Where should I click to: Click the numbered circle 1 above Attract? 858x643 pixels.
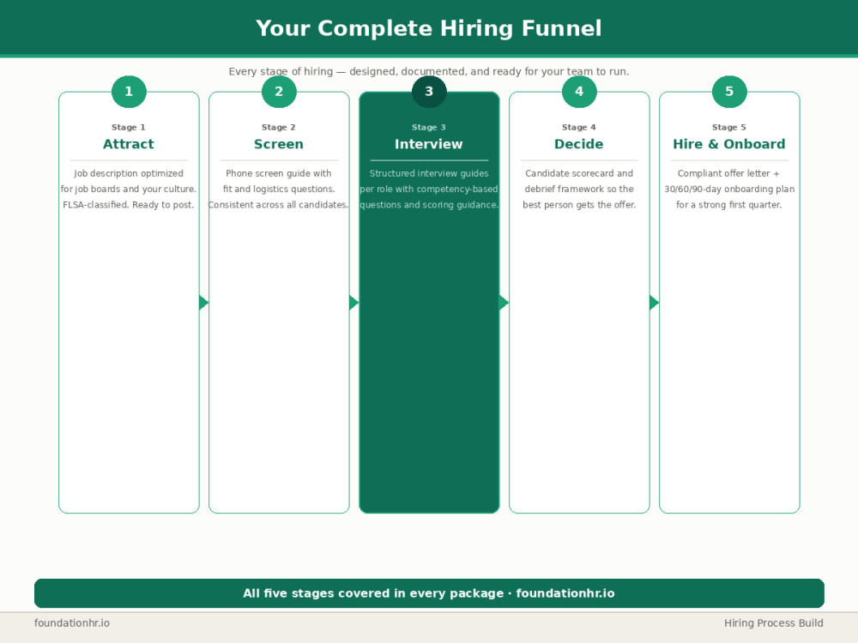[129, 92]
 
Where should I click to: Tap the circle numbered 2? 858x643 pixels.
[279, 92]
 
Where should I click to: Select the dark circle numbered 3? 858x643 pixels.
[429, 92]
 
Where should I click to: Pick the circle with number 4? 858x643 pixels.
[579, 92]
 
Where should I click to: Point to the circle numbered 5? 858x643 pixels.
[729, 92]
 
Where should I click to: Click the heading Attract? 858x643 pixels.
[129, 144]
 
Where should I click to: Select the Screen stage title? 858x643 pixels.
[279, 144]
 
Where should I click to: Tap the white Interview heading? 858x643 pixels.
[429, 144]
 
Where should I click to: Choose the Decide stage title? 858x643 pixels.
[579, 144]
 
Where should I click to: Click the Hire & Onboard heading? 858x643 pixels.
[729, 144]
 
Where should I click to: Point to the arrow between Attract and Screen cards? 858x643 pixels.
[203, 303]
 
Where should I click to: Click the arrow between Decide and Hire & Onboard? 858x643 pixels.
[654, 303]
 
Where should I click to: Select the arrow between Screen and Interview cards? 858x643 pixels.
[353, 303]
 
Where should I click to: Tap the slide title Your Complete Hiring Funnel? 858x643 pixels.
[429, 28]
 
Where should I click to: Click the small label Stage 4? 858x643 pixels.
[579, 127]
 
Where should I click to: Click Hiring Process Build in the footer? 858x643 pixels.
[774, 622]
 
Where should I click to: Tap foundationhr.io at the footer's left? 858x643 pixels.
[72, 622]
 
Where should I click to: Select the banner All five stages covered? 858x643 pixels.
[429, 593]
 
